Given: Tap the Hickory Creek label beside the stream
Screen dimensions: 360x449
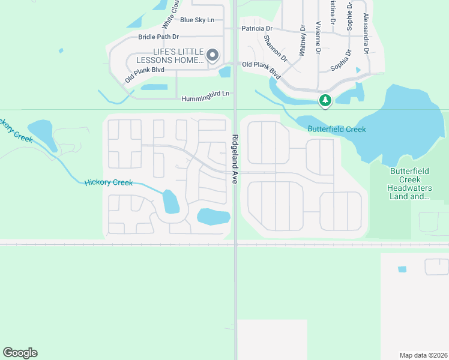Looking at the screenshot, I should (108, 182).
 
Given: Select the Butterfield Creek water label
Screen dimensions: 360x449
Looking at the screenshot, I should (337, 129).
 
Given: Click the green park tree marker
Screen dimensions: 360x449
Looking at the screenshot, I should (325, 100).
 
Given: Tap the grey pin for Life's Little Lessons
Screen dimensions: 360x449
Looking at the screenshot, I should (212, 56).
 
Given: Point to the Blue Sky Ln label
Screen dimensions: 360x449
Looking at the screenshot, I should (197, 20).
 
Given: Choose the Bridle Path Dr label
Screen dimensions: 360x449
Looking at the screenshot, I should (158, 37).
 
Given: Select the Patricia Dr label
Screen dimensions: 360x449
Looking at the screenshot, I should (257, 28).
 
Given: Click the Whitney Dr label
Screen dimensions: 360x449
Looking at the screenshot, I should (302, 44).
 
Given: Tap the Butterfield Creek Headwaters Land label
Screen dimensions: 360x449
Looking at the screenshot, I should (409, 183).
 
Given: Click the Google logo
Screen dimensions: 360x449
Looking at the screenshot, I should (20, 353).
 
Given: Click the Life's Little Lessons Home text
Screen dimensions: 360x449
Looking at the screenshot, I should (170, 56).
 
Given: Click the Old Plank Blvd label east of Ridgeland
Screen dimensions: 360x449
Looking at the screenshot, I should (262, 68).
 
